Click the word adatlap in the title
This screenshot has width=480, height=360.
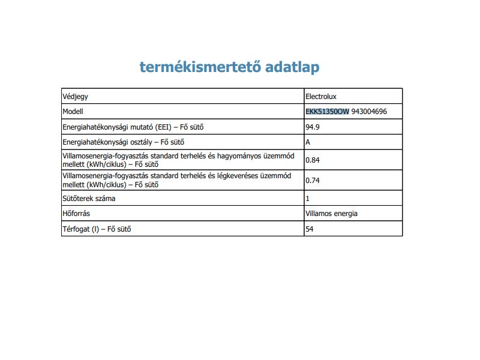tap(292, 67)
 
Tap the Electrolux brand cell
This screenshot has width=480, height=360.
tap(325, 96)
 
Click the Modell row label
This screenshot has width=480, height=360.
tap(73, 112)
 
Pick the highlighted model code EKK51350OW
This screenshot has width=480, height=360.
tap(327, 112)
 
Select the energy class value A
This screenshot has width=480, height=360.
tap(308, 143)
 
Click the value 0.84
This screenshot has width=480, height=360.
tap(313, 160)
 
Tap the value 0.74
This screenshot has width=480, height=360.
tap(313, 180)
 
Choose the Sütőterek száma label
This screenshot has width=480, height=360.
tap(89, 198)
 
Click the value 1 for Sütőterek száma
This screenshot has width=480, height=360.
tap(308, 198)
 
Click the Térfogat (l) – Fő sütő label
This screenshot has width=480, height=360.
tap(97, 229)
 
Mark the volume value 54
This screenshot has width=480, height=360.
tap(310, 229)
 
